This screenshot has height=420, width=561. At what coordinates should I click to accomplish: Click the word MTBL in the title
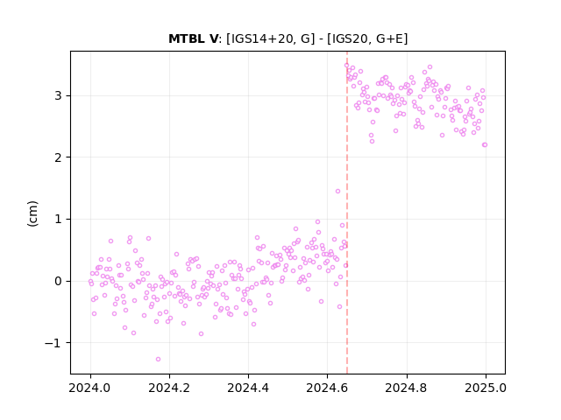pyautogui.click(x=187, y=38)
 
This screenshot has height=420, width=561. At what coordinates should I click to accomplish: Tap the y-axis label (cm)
pyautogui.click(x=32, y=213)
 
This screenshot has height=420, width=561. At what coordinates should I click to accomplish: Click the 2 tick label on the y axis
pyautogui.click(x=58, y=157)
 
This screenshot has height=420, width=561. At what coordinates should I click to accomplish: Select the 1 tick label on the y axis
pyautogui.click(x=58, y=219)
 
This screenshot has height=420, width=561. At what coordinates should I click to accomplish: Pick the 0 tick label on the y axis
pyautogui.click(x=58, y=281)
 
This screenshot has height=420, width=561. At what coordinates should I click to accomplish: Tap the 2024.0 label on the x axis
pyautogui.click(x=90, y=388)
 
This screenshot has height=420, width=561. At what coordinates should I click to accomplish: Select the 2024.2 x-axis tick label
pyautogui.click(x=169, y=388)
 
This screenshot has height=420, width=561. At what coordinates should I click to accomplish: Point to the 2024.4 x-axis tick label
pyautogui.click(x=248, y=388)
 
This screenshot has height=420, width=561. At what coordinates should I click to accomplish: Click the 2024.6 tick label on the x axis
pyautogui.click(x=327, y=388)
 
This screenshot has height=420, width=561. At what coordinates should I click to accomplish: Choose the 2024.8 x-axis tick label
pyautogui.click(x=407, y=388)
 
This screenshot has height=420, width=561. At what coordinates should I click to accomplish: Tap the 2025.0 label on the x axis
pyautogui.click(x=486, y=388)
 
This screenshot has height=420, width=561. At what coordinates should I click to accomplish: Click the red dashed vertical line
pyautogui.click(x=347, y=213)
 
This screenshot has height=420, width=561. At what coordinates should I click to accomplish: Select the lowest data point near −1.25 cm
pyautogui.click(x=158, y=360)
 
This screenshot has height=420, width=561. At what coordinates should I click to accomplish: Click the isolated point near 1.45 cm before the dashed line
pyautogui.click(x=337, y=192)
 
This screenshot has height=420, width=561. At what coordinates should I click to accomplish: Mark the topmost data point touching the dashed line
pyautogui.click(x=346, y=66)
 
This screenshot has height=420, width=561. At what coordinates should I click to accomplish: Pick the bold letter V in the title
pyautogui.click(x=213, y=38)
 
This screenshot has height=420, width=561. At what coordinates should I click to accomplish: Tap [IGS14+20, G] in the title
pyautogui.click(x=271, y=38)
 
